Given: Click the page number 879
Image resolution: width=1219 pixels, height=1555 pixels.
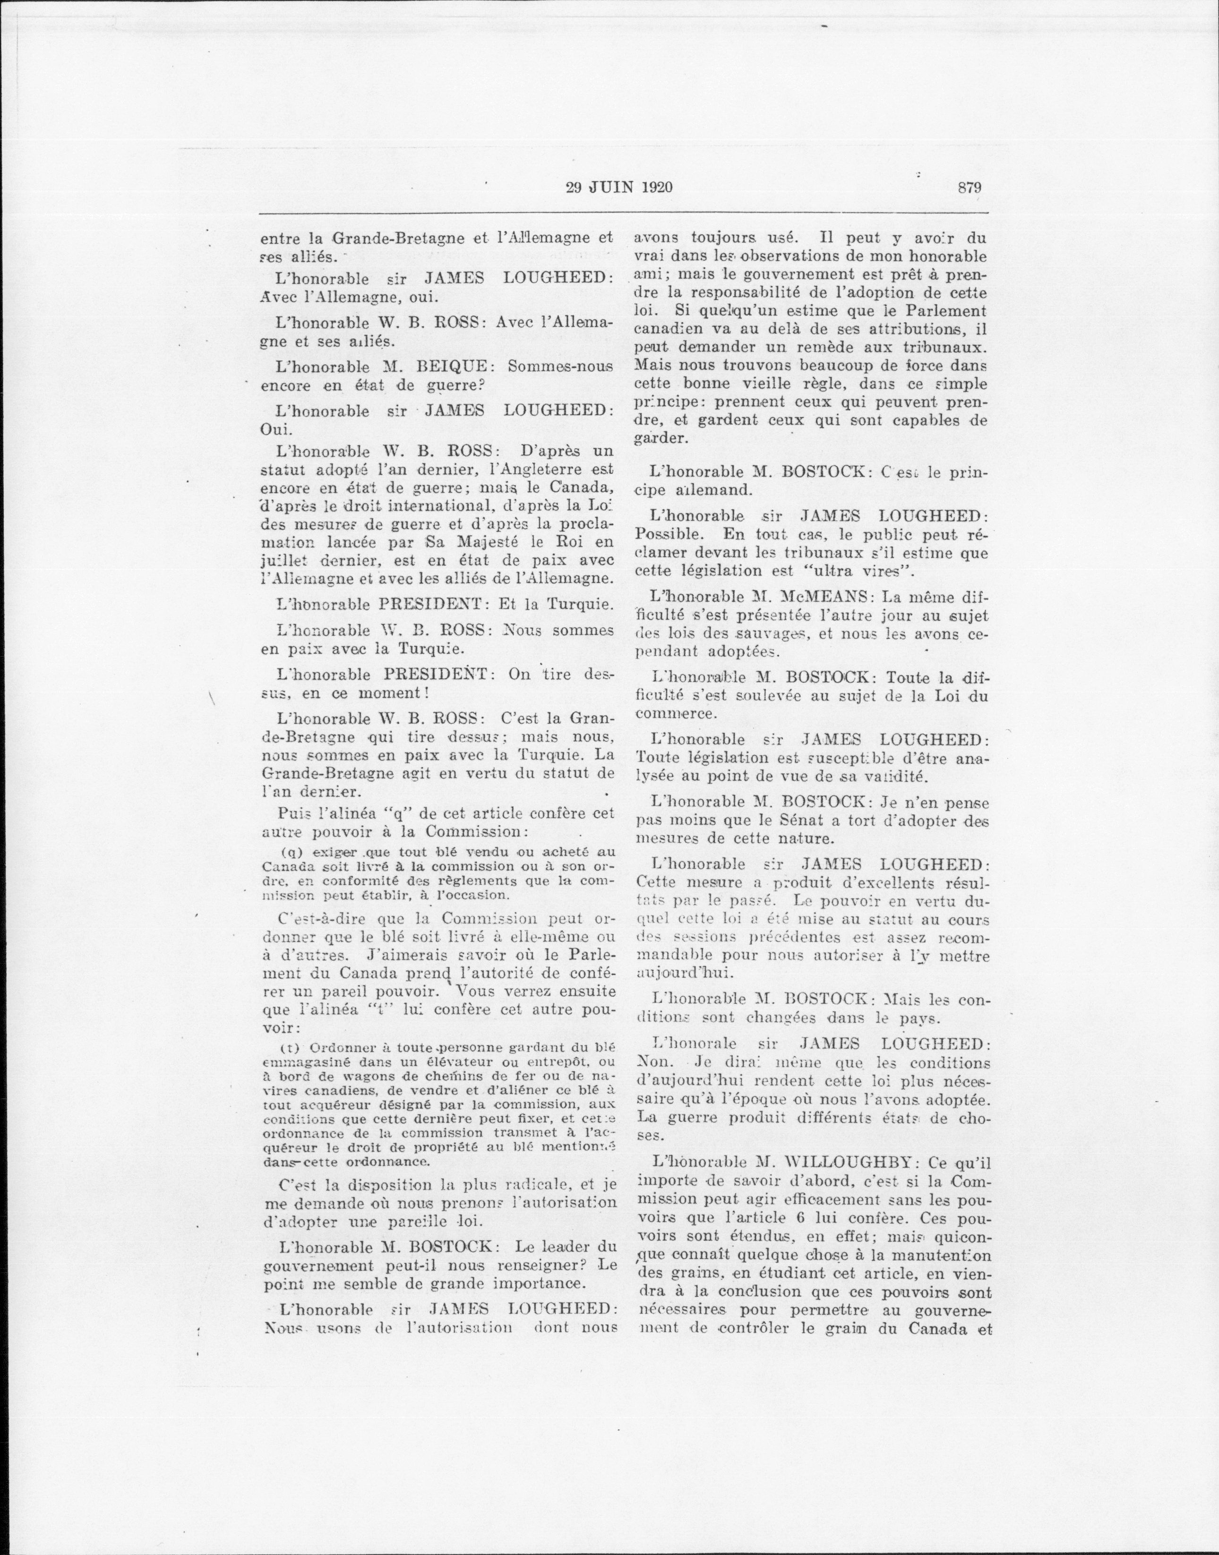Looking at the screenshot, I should pos(970,188).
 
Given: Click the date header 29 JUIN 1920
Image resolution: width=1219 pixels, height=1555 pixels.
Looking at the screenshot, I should pos(619,188).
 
